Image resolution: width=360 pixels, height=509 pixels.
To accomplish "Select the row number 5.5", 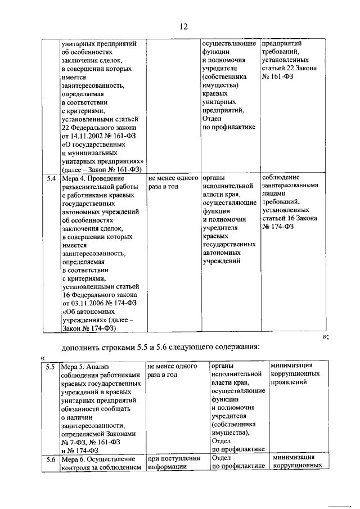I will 51,367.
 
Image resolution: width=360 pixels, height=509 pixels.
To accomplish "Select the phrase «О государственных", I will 94,145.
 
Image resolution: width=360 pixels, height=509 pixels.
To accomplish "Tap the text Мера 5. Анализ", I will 87,367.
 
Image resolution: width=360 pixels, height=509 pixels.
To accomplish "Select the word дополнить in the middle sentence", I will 81,346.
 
